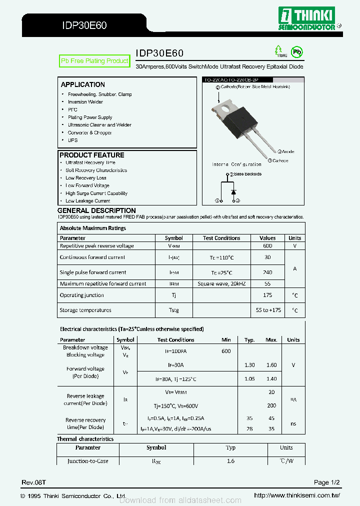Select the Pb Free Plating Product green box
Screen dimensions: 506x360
pyautogui.click(x=94, y=61)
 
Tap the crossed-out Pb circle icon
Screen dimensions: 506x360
pyautogui.click(x=297, y=51)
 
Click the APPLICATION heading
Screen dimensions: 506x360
pyautogui.click(x=83, y=84)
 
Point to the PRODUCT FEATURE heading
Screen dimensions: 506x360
pyautogui.click(x=92, y=155)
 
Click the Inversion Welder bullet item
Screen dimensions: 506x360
pyautogui.click(x=85, y=102)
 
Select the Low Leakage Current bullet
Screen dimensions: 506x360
pyautogui.click(x=87, y=201)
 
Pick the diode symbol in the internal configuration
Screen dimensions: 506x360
pyautogui.click(x=232, y=191)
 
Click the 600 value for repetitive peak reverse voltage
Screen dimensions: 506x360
pyautogui.click(x=267, y=246)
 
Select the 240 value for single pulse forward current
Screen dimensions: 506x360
pyautogui.click(x=267, y=272)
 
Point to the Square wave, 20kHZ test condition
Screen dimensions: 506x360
pyautogui.click(x=221, y=283)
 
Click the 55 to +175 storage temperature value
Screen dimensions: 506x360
pyautogui.click(x=268, y=310)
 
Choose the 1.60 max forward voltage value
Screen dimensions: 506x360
pyautogui.click(x=271, y=365)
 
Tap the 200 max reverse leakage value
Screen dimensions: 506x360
pyautogui.click(x=271, y=406)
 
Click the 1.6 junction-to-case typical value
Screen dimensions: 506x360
pyautogui.click(x=230, y=461)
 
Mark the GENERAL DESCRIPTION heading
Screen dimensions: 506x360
pyautogui.click(x=96, y=210)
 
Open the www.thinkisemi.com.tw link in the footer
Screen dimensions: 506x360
pyautogui.click(x=297, y=495)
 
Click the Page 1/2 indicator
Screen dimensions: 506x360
pyautogui.click(x=327, y=482)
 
